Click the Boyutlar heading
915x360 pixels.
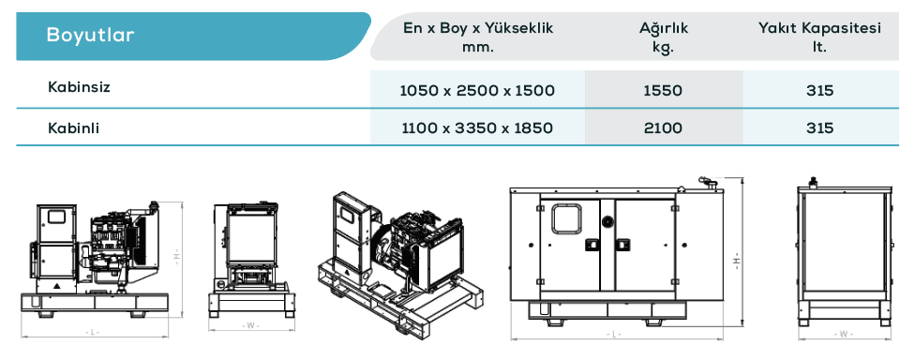point(90,35)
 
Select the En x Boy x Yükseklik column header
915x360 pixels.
point(478,37)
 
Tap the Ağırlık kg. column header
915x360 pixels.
point(664,37)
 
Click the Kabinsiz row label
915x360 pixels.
point(79,87)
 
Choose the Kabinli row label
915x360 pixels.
point(73,127)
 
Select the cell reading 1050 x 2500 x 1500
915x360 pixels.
point(477,91)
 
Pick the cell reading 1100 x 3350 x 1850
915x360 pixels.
point(477,127)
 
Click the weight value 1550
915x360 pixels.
point(663,91)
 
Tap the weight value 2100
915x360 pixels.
point(663,127)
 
